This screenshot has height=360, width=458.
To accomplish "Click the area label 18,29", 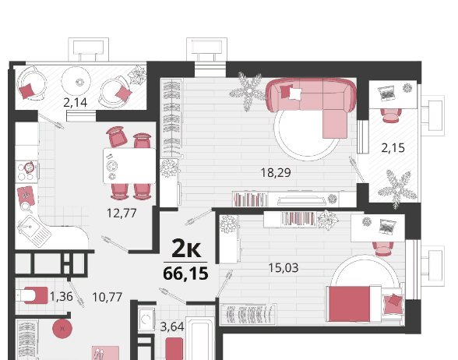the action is (x=276, y=173).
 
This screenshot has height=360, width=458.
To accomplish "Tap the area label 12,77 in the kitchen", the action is (x=122, y=214).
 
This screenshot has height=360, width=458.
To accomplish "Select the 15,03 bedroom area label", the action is (x=284, y=268).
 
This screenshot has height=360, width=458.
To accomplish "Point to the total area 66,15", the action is (x=185, y=274).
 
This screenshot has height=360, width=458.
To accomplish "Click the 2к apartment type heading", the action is (x=186, y=249).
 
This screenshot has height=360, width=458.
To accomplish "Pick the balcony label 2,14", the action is (x=76, y=103).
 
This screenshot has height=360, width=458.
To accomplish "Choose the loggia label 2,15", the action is (x=393, y=148).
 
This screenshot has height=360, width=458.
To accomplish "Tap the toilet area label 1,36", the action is (x=62, y=297).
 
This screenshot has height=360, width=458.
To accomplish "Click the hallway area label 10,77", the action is (x=107, y=297).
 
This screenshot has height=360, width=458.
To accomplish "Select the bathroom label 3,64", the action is (x=172, y=326).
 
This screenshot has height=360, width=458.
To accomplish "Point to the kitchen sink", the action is (x=33, y=231).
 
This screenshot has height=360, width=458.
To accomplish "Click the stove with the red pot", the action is (x=26, y=171).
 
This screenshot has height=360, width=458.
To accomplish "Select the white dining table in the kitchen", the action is (x=129, y=166).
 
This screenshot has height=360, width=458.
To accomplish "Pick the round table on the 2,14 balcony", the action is (x=76, y=81).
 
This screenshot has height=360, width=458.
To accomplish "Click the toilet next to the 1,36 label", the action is (x=31, y=295).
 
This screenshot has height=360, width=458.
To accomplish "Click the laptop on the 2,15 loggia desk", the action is (x=386, y=94).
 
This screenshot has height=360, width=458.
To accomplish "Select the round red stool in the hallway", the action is (x=62, y=329).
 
